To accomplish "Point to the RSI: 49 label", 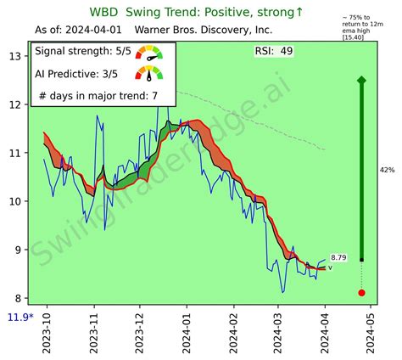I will click(274, 52).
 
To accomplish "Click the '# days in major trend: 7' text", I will click(98, 94).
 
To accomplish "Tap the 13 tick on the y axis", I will click(16, 56).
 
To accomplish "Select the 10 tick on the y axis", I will click(16, 202).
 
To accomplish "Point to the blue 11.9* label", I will click(20, 318).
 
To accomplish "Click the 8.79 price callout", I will click(338, 257).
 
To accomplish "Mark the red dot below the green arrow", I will click(362, 293).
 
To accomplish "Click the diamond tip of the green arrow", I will click(362, 80).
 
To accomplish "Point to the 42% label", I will click(387, 171).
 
